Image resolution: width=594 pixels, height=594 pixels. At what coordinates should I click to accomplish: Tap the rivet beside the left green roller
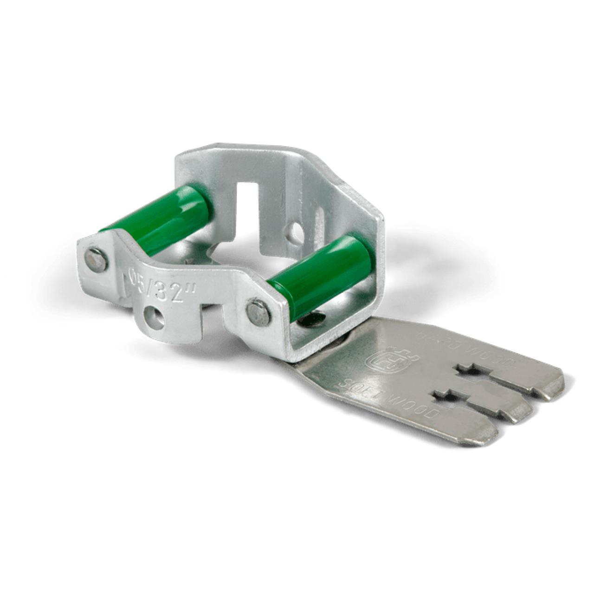98,259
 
